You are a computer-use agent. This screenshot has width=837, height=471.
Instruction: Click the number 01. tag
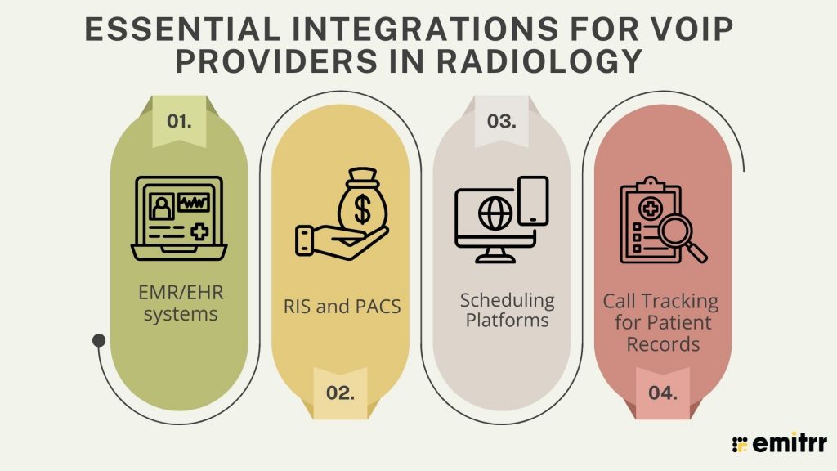tap(179, 122)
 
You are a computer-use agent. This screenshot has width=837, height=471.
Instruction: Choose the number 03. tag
tap(501, 122)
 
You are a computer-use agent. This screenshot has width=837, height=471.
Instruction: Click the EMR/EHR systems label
tap(179, 303)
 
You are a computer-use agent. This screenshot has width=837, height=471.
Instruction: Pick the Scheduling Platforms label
tap(501, 310)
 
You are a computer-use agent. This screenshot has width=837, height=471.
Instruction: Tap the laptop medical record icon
tap(179, 214)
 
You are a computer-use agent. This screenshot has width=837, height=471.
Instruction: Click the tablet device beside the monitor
tap(534, 200)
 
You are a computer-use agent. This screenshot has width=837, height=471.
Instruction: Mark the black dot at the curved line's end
tap(99, 339)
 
